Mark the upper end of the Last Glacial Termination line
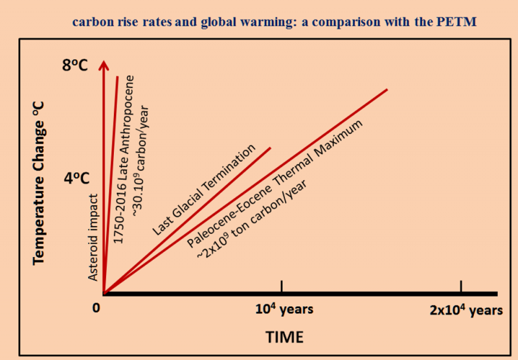(269, 148)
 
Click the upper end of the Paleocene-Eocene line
(387, 89)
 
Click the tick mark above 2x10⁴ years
(461, 286)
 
